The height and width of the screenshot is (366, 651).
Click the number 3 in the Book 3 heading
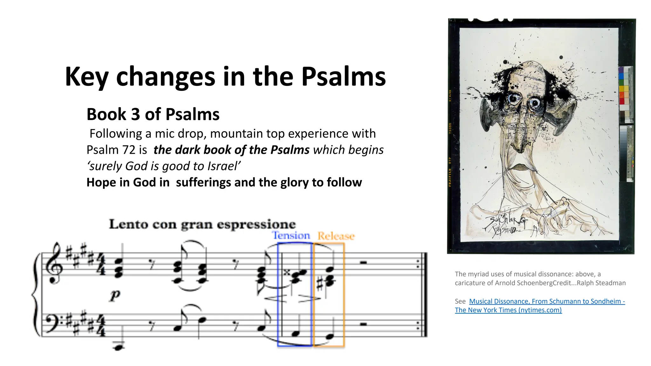pyautogui.click(x=136, y=114)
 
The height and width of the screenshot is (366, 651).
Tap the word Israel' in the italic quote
pyautogui.click(x=224, y=166)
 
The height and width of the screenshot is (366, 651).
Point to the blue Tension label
pyautogui.click(x=291, y=235)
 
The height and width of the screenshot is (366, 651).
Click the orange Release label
pyautogui.click(x=336, y=236)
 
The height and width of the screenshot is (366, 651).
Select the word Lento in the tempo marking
pyautogui.click(x=128, y=224)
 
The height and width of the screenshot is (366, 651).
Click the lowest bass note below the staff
pyautogui.click(x=118, y=347)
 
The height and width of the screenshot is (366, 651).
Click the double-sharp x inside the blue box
pyautogui.click(x=287, y=272)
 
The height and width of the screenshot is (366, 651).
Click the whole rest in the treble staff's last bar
pyautogui.click(x=364, y=262)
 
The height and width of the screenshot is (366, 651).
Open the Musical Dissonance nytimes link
pyautogui.click(x=547, y=301)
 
